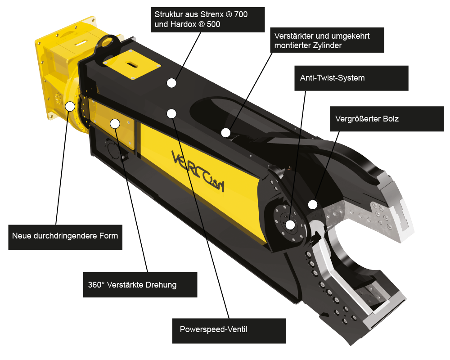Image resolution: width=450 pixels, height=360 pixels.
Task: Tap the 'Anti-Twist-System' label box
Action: pos(351,78)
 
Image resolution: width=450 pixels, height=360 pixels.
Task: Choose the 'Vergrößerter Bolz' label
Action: pos(387,119)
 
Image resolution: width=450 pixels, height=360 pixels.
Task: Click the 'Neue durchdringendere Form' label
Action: pos(65,237)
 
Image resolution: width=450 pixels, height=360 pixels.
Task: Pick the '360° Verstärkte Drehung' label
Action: pos(140,285)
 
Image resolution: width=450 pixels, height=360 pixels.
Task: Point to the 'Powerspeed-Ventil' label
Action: pos(229,331)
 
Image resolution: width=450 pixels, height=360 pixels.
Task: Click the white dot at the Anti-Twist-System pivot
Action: pos(290,225)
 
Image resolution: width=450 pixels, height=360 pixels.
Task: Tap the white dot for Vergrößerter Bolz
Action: pos(313,205)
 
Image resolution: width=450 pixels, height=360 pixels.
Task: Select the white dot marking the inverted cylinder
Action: pos(226,133)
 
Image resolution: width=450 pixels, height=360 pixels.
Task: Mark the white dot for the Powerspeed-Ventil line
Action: pos(171,114)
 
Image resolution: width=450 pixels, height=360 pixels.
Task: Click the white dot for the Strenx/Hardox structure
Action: pos(171,83)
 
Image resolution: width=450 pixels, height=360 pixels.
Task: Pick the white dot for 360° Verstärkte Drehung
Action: pos(115,124)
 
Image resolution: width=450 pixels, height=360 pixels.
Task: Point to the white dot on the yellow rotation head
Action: pos(70,106)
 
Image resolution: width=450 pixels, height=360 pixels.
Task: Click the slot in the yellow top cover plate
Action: pos(131,64)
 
